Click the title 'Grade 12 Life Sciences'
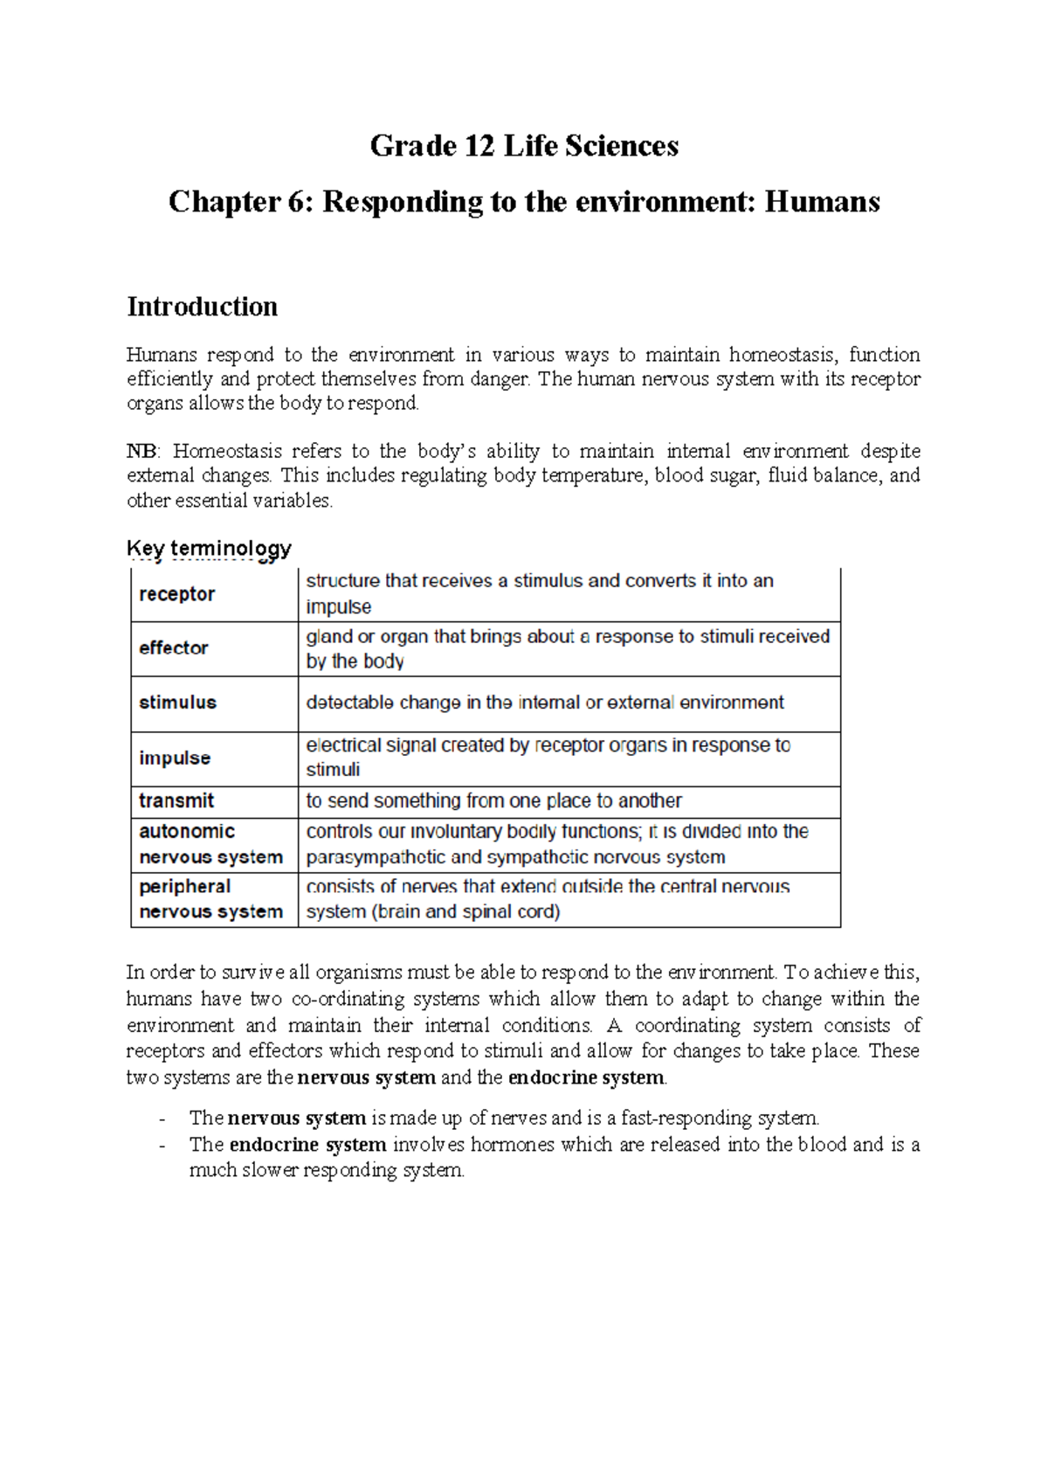(524, 146)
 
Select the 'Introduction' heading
(203, 307)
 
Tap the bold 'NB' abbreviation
(141, 452)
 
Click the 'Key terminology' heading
(209, 549)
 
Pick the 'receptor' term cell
(177, 594)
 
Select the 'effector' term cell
(174, 648)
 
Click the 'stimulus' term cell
(177, 703)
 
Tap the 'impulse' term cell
(175, 758)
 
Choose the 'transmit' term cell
(176, 801)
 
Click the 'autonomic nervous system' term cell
(210, 844)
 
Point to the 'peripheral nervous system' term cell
(210, 899)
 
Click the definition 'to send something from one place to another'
(493, 801)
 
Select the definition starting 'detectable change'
(545, 703)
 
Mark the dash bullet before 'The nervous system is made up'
(162, 1119)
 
